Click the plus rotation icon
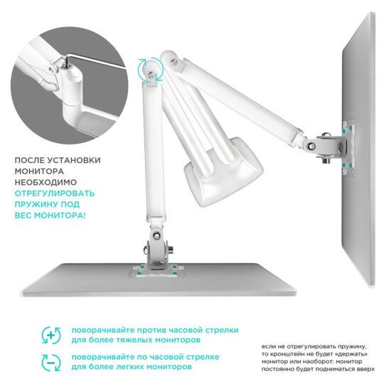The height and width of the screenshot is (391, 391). [x=51, y=336]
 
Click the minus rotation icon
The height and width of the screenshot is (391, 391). [x=51, y=363]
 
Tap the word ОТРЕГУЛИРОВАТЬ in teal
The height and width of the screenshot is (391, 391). [x=55, y=193]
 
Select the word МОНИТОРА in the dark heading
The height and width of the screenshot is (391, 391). [x=39, y=171]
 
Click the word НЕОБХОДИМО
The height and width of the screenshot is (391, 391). [x=45, y=183]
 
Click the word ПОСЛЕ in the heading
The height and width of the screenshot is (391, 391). [x=29, y=161]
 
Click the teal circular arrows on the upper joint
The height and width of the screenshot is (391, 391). [x=151, y=70]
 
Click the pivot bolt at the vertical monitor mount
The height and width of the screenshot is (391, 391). [x=311, y=146]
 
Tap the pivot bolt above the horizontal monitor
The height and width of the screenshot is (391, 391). [x=157, y=235]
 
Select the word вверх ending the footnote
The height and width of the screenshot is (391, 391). [x=367, y=369]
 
